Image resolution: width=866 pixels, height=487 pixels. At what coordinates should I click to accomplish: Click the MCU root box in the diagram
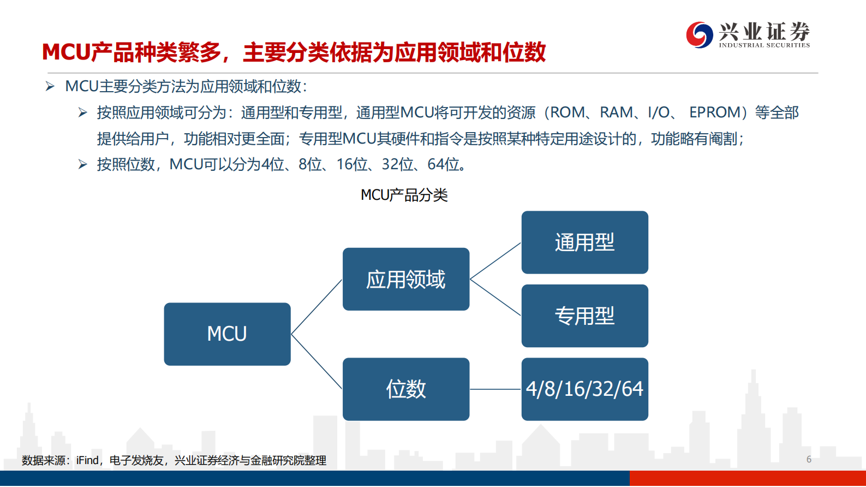point(227,334)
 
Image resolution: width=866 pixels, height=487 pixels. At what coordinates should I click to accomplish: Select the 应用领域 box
point(406,280)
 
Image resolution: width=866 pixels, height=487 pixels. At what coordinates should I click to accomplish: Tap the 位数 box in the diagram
point(406,389)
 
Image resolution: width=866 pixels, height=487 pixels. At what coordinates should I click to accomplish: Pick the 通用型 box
point(584,242)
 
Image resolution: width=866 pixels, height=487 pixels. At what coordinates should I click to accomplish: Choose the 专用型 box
point(584,316)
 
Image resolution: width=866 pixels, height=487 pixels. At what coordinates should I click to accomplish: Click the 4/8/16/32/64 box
point(584,389)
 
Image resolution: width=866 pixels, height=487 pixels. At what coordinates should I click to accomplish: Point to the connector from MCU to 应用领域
point(316,307)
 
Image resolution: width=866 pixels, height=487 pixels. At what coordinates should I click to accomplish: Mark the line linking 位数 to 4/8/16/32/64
point(495,389)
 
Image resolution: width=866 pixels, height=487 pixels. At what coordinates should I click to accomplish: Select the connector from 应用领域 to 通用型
point(495,262)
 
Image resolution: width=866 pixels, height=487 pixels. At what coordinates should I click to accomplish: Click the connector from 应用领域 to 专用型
point(495,298)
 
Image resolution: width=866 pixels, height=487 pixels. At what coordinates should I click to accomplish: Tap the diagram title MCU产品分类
point(404,195)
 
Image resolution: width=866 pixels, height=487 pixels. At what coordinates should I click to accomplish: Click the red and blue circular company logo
point(699,35)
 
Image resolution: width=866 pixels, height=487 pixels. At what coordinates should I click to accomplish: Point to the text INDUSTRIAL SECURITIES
point(764,45)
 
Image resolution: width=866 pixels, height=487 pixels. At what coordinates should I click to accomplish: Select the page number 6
point(809,459)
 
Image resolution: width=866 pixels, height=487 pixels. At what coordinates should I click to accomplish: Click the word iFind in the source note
point(87,460)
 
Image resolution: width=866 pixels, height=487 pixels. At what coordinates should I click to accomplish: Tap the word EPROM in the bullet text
point(714,112)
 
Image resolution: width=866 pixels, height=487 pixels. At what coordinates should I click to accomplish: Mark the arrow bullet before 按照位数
point(82,164)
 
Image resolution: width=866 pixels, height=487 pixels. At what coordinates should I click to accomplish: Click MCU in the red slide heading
point(66,52)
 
